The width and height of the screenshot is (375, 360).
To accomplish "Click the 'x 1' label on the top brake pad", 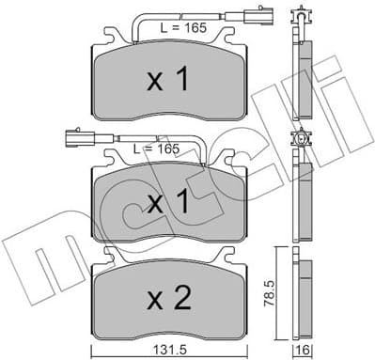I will [170, 81].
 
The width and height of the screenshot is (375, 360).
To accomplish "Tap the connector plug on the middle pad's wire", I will [75, 139].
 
